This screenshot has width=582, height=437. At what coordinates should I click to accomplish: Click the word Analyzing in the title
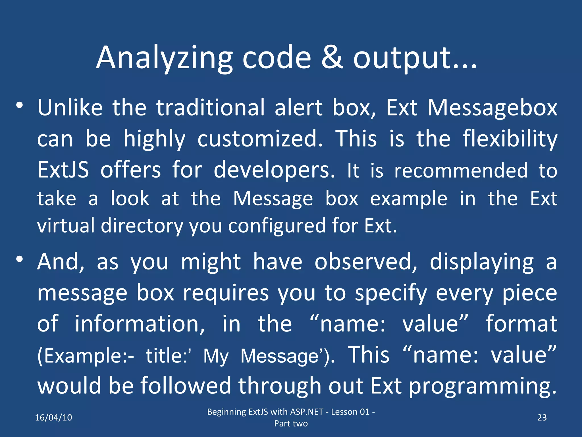click(x=164, y=58)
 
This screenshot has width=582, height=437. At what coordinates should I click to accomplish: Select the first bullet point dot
click(x=19, y=106)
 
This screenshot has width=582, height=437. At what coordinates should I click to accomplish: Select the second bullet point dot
click(x=19, y=259)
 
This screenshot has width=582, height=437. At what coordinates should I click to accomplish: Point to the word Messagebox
click(x=492, y=108)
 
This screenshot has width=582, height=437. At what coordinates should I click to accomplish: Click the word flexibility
click(x=510, y=139)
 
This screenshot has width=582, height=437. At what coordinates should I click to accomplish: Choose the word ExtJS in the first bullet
click(x=63, y=170)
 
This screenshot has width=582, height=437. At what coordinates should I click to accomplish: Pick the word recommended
click(x=461, y=171)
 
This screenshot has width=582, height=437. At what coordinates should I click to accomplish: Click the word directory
click(x=142, y=226)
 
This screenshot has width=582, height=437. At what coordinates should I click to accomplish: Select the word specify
click(x=391, y=293)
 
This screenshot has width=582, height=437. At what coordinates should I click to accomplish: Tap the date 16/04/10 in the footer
click(x=53, y=417)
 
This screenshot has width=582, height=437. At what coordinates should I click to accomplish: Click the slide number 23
click(x=542, y=417)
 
